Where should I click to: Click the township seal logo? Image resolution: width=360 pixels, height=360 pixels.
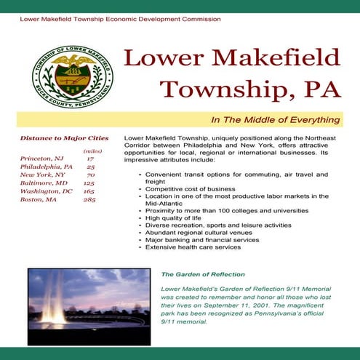[72, 72]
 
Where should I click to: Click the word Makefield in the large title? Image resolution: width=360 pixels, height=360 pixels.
[281, 59]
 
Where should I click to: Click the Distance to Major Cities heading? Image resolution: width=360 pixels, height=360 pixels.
[65, 138]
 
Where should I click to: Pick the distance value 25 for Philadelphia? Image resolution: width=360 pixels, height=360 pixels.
[90, 167]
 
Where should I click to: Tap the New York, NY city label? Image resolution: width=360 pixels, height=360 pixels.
[42, 175]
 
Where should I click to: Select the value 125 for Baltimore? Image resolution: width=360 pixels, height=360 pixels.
[89, 183]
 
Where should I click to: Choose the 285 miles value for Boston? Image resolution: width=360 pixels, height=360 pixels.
[89, 199]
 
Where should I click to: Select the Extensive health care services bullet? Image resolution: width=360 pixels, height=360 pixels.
[193, 247]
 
